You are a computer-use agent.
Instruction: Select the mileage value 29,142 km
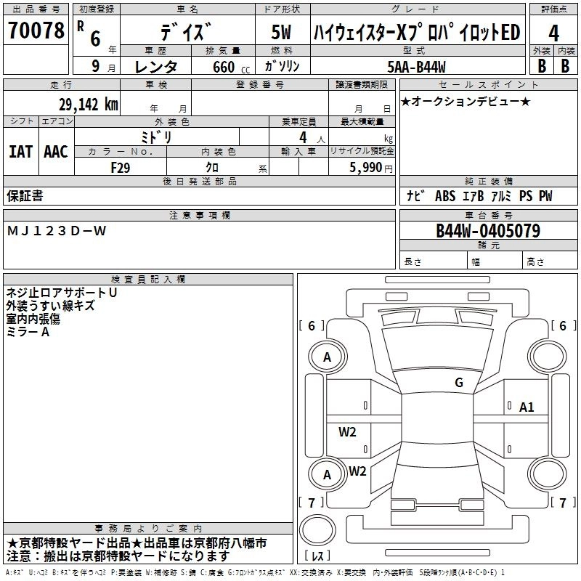click(x=86, y=104)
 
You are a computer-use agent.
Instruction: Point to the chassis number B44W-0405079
click(x=487, y=231)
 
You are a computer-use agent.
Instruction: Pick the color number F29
click(x=121, y=167)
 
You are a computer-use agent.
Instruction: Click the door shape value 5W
click(x=281, y=33)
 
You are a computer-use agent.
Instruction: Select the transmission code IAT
click(x=20, y=152)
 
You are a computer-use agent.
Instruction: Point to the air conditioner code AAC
click(x=55, y=152)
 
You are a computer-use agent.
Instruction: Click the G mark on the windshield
click(x=458, y=383)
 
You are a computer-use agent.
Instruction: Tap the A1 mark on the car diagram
click(x=527, y=407)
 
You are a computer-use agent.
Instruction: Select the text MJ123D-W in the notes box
click(x=57, y=231)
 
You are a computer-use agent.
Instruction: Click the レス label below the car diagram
click(x=319, y=557)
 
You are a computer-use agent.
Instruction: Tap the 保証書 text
click(x=25, y=196)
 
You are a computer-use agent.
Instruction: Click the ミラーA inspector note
click(x=28, y=332)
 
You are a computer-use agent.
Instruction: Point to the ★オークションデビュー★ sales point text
click(x=465, y=101)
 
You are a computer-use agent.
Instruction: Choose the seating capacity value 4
click(x=302, y=137)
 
